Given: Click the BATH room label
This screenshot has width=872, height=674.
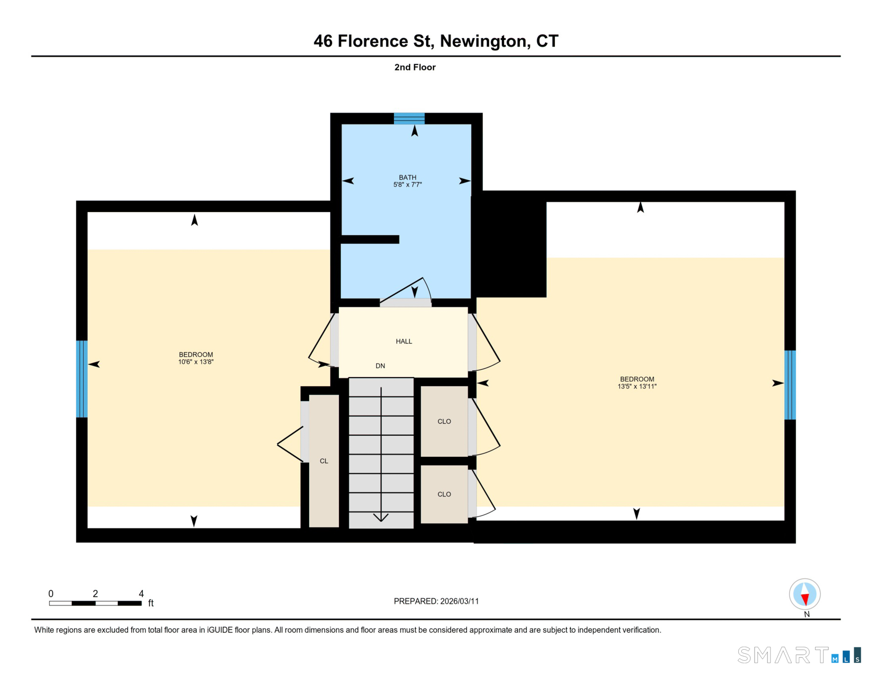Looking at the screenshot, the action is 407,177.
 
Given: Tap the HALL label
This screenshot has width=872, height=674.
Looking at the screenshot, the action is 404,341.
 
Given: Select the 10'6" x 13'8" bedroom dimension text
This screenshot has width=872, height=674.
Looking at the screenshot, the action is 196,362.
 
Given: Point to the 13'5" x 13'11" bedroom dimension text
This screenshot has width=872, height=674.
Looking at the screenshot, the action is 637,387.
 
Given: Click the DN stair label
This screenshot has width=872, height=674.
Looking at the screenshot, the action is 380,366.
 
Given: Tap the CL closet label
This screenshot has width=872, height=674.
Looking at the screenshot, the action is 324,461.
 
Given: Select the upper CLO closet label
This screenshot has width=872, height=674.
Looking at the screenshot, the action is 444,422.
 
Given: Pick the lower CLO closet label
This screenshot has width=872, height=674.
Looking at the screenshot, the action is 444,495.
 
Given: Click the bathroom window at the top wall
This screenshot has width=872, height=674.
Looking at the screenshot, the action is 409,118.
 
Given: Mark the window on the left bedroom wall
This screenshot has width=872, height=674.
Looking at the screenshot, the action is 82,379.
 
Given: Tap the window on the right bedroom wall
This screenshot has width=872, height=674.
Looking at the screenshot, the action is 790,385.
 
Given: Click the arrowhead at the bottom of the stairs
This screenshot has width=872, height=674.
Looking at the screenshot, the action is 381,517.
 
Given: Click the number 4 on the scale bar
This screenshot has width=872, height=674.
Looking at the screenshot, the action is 141,594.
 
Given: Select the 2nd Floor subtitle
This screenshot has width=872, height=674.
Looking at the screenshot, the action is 415,67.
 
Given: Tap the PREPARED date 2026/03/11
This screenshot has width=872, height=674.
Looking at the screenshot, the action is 459,602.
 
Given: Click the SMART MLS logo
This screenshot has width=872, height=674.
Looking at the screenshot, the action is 799,655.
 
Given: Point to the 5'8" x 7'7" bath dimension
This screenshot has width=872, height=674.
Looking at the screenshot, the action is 407,185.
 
